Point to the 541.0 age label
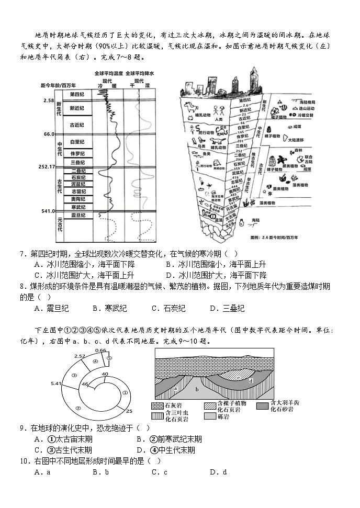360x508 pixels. point(48,211)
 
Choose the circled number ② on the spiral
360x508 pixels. point(78,408)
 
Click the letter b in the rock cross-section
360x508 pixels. point(197,389)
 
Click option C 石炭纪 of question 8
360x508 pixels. point(168,308)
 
